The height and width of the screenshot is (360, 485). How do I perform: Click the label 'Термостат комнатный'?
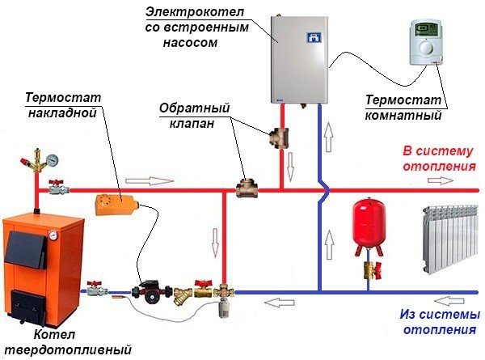[x=404, y=108]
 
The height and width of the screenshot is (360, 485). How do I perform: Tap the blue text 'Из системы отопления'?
[x=438, y=323]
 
